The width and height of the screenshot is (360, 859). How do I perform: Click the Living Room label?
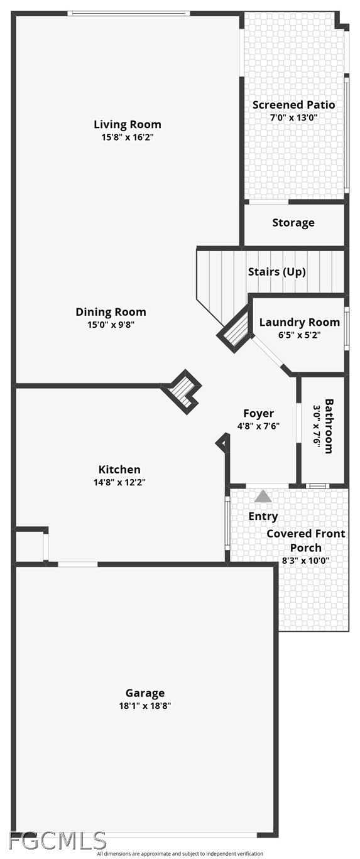point(128,124)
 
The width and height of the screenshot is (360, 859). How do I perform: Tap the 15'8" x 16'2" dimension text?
point(128,138)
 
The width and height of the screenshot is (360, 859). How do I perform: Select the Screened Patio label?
point(293,105)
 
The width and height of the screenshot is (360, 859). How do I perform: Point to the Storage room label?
point(293,223)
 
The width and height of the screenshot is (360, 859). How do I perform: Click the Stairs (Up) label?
point(276,272)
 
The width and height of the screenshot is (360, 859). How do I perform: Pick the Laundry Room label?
point(300,323)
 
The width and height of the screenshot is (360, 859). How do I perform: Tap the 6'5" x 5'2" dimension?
point(299,335)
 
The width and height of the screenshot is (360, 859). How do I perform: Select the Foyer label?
point(259,413)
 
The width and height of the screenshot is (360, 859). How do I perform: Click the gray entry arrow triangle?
point(263,496)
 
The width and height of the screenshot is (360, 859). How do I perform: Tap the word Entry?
point(263,516)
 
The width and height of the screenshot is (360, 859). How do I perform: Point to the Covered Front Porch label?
point(306,541)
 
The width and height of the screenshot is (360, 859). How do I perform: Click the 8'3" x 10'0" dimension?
point(306,561)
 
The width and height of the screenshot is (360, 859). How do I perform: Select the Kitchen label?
point(119,470)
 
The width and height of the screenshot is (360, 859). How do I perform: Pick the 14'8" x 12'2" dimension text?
point(119,482)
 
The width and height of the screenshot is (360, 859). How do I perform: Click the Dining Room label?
point(111,312)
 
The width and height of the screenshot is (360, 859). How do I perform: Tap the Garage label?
point(145,693)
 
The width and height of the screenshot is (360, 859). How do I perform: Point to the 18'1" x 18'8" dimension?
point(145,706)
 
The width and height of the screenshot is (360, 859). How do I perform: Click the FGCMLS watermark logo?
point(57,841)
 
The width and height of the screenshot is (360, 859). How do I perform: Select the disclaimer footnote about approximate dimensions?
point(180,853)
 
